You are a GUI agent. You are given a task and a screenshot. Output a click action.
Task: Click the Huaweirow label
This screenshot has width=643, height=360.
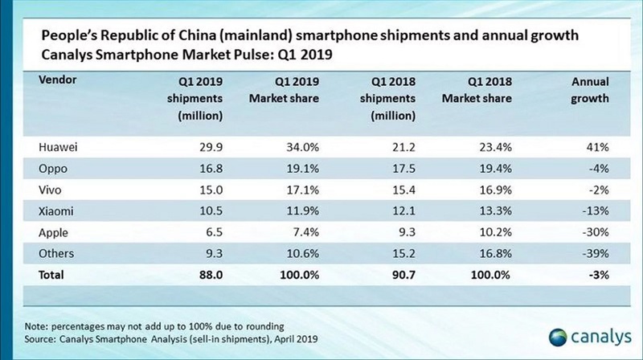(x=59, y=148)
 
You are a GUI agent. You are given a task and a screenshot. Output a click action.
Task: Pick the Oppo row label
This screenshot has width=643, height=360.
(x=54, y=168)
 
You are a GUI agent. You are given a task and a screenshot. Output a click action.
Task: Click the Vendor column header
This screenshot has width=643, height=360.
(x=58, y=81)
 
